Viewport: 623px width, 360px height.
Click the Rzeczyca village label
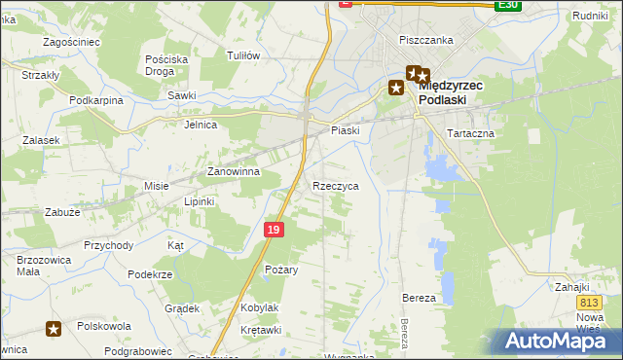(336, 185)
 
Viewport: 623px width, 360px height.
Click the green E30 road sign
(506, 5)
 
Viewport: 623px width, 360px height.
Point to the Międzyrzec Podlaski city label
(458, 92)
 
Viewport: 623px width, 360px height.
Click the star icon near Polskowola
(54, 329)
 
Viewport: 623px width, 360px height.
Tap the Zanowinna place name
(233, 171)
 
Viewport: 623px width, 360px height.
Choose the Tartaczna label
(470, 133)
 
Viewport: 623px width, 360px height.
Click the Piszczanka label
(426, 40)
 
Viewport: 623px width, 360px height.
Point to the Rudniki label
(590, 16)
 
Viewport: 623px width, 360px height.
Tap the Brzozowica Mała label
(39, 267)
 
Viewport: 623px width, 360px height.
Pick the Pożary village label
(281, 269)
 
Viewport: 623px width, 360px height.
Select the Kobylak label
(260, 307)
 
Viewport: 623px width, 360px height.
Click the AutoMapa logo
(561, 341)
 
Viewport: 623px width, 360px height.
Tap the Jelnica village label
(201, 125)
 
